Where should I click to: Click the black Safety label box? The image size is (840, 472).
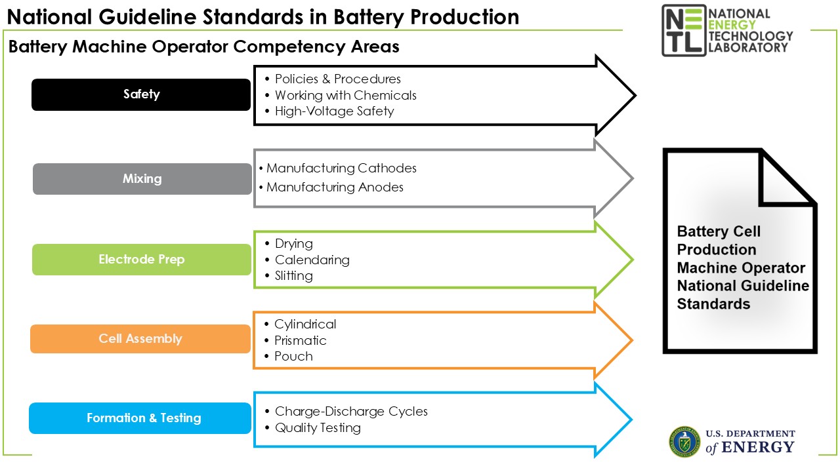point(141,94)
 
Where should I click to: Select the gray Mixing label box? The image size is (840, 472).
point(142,178)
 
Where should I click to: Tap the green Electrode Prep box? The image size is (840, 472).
point(142,260)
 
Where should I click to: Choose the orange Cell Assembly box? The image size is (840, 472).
point(140,339)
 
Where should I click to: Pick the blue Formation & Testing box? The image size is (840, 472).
point(140,418)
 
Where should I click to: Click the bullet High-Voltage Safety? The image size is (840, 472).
point(334,111)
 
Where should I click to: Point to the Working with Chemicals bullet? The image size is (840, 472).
point(345,95)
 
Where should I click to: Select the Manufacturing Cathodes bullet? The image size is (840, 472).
point(341,168)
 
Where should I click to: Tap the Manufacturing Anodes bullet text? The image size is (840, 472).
point(335,187)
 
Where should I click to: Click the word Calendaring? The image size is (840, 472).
point(312,260)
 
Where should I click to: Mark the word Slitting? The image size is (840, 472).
point(293,276)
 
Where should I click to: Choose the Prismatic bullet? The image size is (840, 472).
point(301,340)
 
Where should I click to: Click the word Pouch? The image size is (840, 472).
point(293,357)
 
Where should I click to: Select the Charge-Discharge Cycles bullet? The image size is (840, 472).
point(351,412)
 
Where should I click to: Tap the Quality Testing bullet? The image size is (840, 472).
point(318,428)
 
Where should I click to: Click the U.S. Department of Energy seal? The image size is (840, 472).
point(684,441)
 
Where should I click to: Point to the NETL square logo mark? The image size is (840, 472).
point(684,29)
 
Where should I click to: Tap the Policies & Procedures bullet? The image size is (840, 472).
point(337,79)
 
